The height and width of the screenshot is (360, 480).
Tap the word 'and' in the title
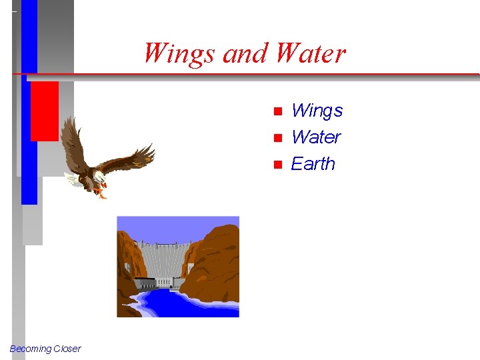point(244,53)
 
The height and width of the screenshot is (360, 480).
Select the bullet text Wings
point(317,111)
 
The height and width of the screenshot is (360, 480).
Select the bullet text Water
point(316,137)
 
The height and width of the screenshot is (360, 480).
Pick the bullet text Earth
point(313,164)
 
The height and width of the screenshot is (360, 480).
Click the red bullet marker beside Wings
point(278,111)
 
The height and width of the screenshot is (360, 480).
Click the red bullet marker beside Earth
point(278,165)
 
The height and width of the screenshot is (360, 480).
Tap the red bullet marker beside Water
point(278,138)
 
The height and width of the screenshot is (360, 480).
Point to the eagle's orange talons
point(100,193)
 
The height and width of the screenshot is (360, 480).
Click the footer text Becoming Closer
point(45,349)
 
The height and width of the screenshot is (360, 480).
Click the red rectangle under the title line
point(44,111)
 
